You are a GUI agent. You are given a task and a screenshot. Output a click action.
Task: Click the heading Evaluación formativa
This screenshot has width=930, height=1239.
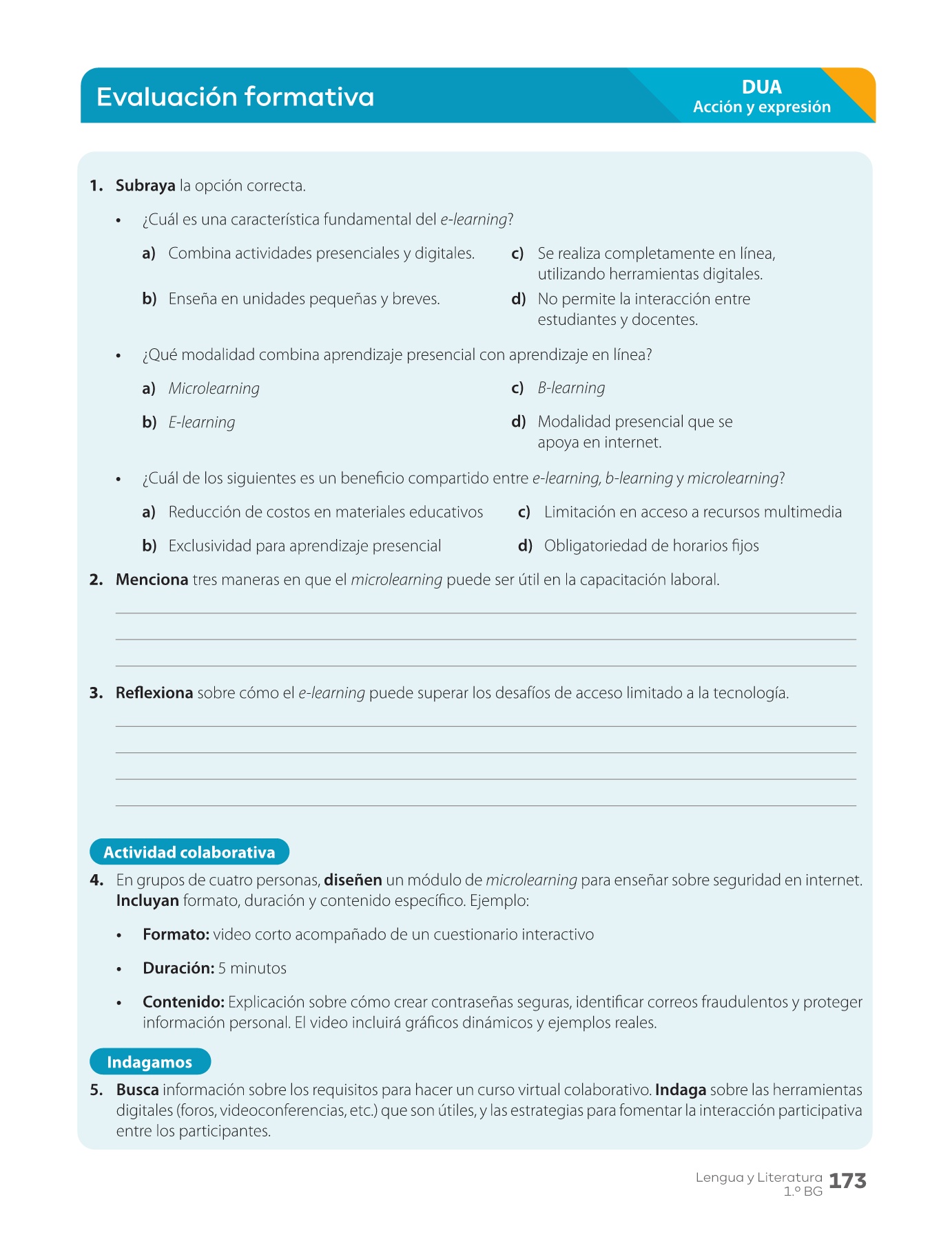pyautogui.click(x=235, y=97)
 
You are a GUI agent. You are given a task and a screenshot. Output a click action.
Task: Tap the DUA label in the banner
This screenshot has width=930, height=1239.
pyautogui.click(x=761, y=87)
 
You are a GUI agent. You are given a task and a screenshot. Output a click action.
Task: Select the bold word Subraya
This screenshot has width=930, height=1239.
pyautogui.click(x=145, y=186)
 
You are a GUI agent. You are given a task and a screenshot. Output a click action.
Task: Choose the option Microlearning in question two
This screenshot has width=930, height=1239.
pyautogui.click(x=214, y=389)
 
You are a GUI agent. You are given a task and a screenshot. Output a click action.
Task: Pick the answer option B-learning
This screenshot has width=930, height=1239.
pyautogui.click(x=571, y=388)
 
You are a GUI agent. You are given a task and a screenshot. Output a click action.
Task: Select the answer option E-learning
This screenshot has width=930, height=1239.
pyautogui.click(x=202, y=423)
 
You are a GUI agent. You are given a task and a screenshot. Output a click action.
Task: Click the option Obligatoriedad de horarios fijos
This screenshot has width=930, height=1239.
pyautogui.click(x=651, y=546)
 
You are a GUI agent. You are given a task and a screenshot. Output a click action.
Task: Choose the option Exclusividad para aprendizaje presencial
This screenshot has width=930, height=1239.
pyautogui.click(x=304, y=546)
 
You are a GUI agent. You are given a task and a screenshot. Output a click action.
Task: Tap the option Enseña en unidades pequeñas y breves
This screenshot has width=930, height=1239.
pyautogui.click(x=304, y=299)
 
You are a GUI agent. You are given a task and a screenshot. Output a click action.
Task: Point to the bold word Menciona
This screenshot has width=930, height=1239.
pyautogui.click(x=152, y=580)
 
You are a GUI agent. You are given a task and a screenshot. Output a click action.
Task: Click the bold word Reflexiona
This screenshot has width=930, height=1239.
pyautogui.click(x=154, y=693)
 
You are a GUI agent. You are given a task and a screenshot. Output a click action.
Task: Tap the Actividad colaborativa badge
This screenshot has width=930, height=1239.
pyautogui.click(x=189, y=852)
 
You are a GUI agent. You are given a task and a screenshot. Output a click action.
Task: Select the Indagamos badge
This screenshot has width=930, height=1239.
pyautogui.click(x=149, y=1062)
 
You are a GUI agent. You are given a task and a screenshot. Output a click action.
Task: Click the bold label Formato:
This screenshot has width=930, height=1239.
pyautogui.click(x=176, y=935)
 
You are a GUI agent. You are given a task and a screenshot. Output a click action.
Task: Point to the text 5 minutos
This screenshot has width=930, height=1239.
pyautogui.click(x=252, y=968)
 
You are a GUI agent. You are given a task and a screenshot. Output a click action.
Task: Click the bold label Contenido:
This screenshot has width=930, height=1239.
pyautogui.click(x=183, y=1002)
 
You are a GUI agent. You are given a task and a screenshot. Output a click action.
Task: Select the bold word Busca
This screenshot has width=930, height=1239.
pyautogui.click(x=137, y=1090)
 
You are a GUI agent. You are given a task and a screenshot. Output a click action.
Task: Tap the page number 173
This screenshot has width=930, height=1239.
pyautogui.click(x=847, y=1181)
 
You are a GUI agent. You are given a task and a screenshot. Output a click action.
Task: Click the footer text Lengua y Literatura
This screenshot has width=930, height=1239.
pyautogui.click(x=758, y=1178)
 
